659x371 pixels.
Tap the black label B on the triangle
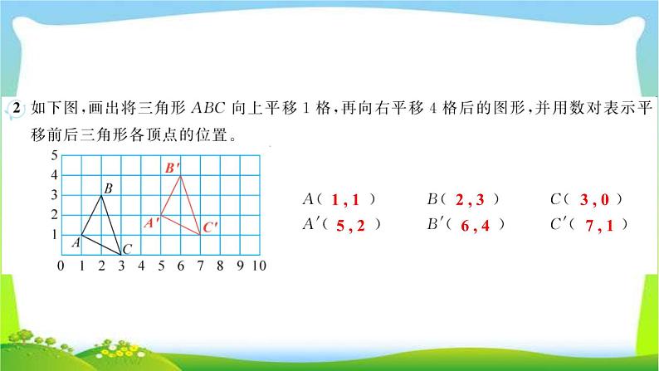(108, 189)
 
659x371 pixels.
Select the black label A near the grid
(75, 242)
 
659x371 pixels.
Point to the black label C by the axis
(127, 248)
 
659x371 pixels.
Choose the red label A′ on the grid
(151, 222)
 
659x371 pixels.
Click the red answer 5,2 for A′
(350, 224)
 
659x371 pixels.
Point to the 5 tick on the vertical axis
(55, 155)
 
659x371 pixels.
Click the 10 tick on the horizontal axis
(258, 266)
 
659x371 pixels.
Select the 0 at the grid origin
(61, 266)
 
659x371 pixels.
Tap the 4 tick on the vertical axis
(55, 175)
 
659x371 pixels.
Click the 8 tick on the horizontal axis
(219, 266)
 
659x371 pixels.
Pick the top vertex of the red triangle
(181, 175)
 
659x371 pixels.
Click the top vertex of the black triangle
(101, 195)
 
